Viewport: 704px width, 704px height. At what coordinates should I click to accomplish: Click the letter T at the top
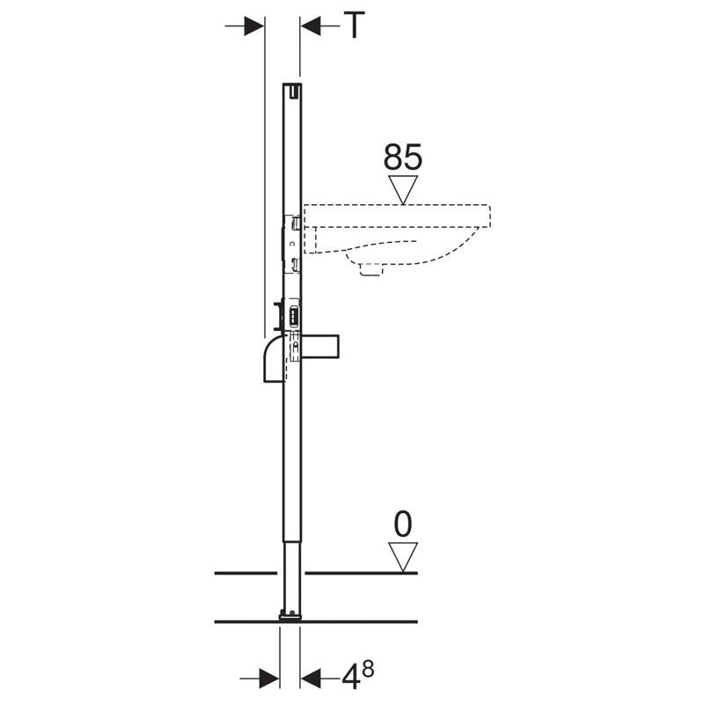point(354,26)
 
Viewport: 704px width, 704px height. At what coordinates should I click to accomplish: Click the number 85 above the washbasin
point(403,157)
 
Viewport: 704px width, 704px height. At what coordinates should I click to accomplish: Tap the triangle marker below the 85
point(403,189)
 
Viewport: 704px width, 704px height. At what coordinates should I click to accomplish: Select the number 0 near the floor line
point(403,524)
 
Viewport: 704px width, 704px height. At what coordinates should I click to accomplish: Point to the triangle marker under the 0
point(403,557)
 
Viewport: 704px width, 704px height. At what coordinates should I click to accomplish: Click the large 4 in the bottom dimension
point(351,677)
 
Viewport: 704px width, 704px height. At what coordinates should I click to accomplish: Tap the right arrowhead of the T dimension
point(311,26)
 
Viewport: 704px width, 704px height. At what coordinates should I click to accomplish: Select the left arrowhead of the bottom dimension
point(269,678)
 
